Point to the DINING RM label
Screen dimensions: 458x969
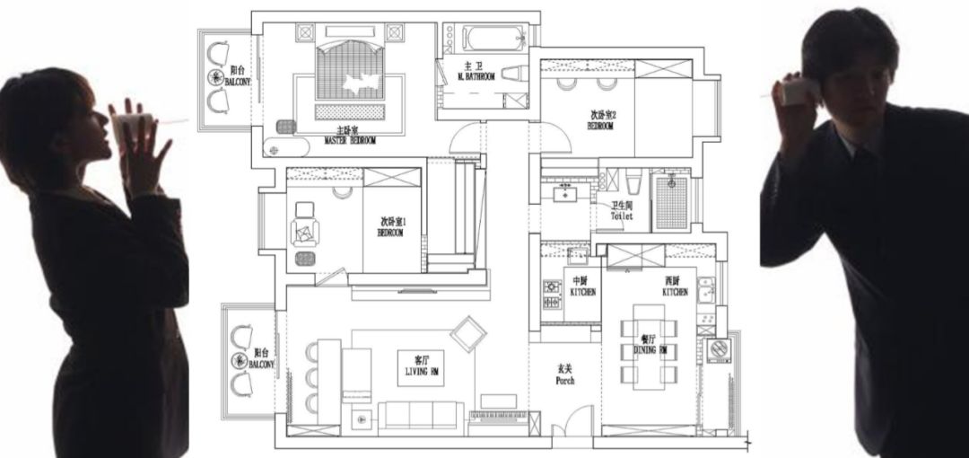[x=650, y=349]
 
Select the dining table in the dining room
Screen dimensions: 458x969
[x=650, y=346]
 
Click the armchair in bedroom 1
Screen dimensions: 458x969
[x=305, y=224]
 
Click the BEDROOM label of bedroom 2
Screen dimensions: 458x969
[x=601, y=122]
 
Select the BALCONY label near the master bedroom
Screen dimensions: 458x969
[x=240, y=75]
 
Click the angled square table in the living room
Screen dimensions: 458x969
[x=467, y=335]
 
